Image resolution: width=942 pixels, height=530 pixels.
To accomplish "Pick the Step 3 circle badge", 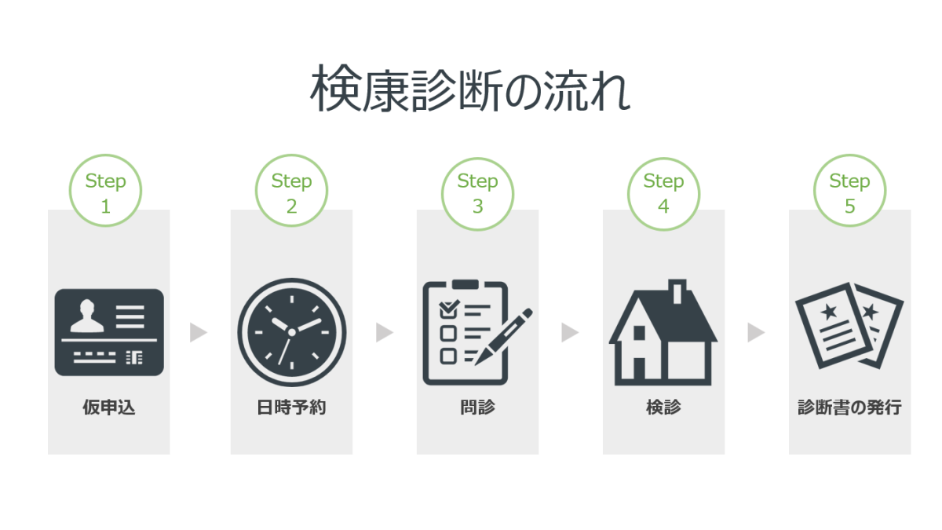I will pos(477,192).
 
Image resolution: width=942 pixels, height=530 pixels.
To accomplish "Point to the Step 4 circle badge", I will pos(663,192).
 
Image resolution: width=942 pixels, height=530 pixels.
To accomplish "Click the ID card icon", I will pos(109,332).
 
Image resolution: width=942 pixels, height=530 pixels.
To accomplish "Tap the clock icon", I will pos(292,332).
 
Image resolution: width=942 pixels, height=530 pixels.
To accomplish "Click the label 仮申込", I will pos(109,408).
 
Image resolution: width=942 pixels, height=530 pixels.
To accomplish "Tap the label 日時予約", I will pos(291,408).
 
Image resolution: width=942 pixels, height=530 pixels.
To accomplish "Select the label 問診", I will pos(477,408).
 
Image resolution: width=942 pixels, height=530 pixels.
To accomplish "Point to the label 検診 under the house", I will pos(663,408).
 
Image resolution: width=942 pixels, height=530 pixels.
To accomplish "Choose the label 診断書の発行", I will pos(849,408).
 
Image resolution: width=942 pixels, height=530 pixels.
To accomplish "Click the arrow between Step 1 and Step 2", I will pos(199,333).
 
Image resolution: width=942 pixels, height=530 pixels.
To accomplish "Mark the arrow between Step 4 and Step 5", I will pos(756,333).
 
